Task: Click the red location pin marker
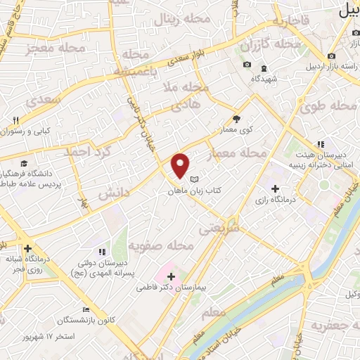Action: pos(181,165)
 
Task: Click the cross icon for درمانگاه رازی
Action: pos(275,188)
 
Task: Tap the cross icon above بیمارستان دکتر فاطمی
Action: pos(171,276)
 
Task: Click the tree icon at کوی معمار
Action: pos(236,120)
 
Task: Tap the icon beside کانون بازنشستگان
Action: pos(86,310)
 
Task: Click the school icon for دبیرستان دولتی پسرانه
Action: pos(102,251)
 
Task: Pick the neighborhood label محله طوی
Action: pos(329,108)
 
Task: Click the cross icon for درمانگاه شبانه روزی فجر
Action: pos(27,248)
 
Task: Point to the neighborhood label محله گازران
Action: pos(271,44)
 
